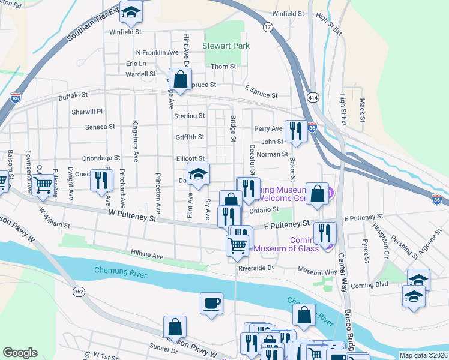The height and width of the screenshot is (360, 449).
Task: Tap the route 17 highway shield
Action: point(268,27)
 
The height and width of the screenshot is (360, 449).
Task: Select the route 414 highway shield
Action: point(313,97)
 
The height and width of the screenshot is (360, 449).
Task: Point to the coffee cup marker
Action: point(211,303)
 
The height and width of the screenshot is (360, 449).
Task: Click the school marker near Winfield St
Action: point(131,11)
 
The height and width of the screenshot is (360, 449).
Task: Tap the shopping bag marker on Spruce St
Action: point(179,79)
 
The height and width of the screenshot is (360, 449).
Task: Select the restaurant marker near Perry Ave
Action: point(295,131)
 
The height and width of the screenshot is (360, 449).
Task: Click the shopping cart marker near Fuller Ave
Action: point(43,185)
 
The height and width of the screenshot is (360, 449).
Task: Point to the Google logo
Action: point(20,353)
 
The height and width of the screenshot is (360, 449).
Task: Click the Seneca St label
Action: point(100,127)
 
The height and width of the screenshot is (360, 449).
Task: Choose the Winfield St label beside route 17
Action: point(292,13)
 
